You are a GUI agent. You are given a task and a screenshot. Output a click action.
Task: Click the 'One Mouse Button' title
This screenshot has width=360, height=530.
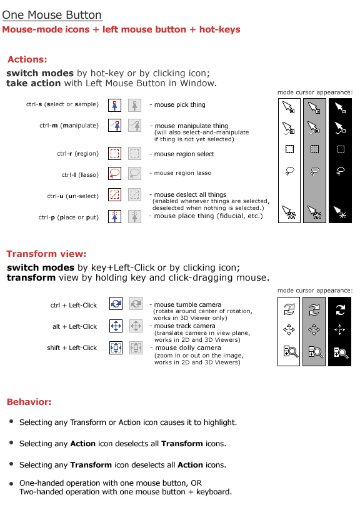tap(52, 15)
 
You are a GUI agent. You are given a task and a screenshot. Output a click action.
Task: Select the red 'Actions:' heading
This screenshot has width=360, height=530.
tap(27, 59)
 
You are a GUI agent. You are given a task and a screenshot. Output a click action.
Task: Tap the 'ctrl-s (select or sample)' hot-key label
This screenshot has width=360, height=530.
tap(62, 104)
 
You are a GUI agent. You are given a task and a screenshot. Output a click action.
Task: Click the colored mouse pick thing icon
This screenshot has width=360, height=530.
tap(114, 106)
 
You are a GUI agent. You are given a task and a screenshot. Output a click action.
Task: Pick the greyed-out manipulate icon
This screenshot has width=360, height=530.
tap(134, 126)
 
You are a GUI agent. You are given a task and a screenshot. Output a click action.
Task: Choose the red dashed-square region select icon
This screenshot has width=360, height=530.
tap(114, 154)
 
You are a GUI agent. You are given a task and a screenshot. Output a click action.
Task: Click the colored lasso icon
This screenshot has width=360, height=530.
tap(114, 173)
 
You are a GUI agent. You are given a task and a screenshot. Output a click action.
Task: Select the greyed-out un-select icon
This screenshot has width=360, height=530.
tap(134, 195)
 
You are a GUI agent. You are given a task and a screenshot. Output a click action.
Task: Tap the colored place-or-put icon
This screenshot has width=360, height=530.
tap(114, 216)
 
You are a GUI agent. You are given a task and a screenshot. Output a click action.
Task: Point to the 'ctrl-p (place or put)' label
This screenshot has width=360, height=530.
tap(69, 217)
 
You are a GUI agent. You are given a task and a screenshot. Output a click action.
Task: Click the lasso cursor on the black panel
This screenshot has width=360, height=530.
tap(341, 171)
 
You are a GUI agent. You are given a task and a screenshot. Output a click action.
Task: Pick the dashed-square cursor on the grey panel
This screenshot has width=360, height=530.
tap(315, 149)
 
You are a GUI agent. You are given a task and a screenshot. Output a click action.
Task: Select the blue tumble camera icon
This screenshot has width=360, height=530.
tap(116, 304)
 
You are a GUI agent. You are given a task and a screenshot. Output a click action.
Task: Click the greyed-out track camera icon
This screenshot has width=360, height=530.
tap(136, 326)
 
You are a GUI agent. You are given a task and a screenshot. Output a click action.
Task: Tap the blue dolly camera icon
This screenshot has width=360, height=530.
tap(116, 347)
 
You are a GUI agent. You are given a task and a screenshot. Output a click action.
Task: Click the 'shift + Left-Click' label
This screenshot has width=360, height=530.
tap(72, 347)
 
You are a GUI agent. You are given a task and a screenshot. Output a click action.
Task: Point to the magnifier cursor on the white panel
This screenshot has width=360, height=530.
tap(291, 352)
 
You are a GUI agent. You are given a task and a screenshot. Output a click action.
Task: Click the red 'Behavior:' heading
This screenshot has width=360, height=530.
tap(29, 402)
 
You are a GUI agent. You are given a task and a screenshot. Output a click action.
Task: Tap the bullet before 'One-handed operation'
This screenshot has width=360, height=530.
tap(11, 484)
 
